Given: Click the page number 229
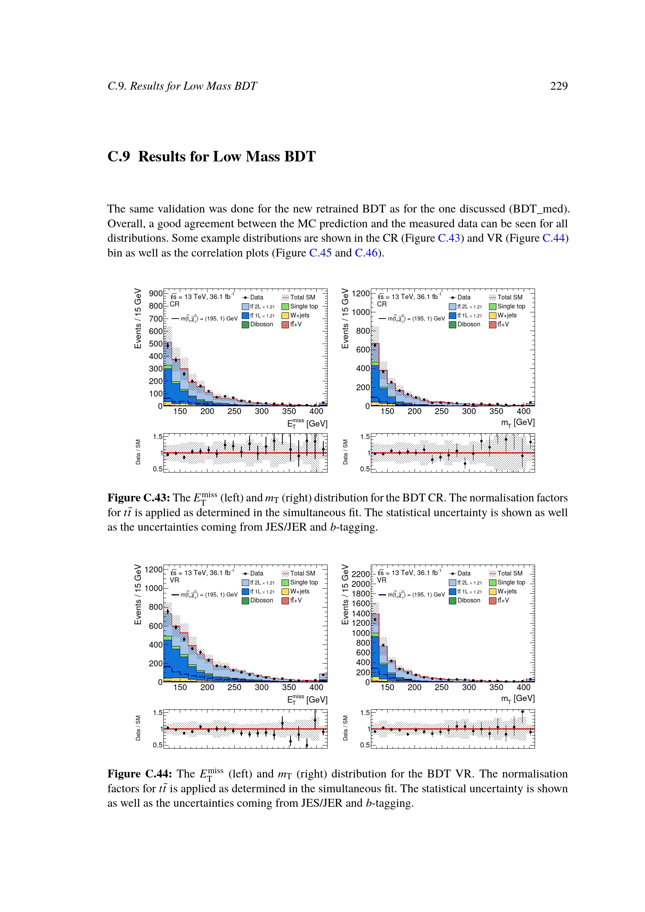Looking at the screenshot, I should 558,86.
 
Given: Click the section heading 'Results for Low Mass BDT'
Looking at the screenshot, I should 227,156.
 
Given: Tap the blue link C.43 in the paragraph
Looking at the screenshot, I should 449,238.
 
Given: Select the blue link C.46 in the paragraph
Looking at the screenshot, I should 366,253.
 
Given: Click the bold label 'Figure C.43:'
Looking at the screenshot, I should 138,498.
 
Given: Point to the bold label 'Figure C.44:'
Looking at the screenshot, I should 139,774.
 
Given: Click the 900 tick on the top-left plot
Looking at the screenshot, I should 155,294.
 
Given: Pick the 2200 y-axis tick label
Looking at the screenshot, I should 361,574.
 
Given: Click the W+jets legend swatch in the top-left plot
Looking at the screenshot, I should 285,315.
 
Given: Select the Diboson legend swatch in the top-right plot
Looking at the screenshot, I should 452,324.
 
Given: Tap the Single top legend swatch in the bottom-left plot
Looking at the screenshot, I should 285,583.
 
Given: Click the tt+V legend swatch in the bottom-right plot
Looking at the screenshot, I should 493,600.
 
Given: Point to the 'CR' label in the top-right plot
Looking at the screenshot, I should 382,304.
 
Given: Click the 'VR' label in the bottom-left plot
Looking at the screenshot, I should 174,580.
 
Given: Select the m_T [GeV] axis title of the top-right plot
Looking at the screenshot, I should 517,422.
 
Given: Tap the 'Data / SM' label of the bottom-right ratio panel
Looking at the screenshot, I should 345,728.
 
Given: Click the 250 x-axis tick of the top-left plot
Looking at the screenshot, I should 234,411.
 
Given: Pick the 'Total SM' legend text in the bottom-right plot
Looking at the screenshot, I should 510,573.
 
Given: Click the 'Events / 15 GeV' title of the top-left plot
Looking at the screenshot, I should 138,319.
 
